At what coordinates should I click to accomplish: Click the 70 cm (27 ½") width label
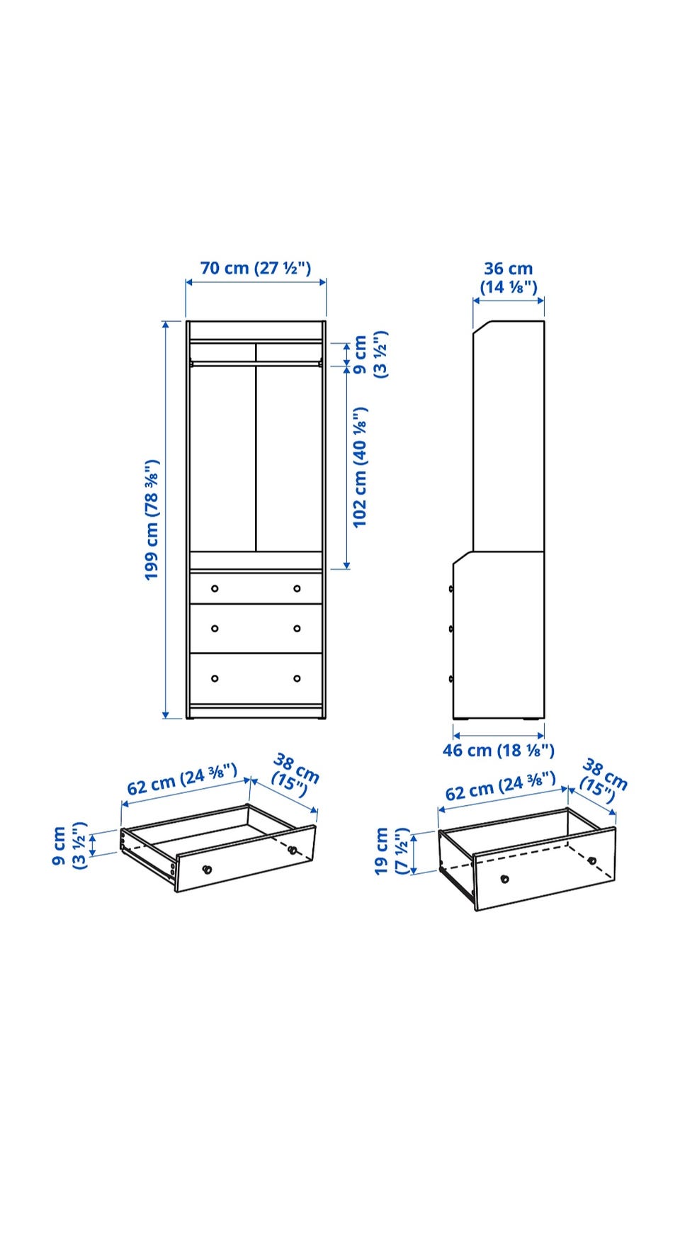click(256, 268)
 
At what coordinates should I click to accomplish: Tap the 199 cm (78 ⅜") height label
click(152, 520)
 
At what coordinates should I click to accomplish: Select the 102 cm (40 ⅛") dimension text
click(361, 467)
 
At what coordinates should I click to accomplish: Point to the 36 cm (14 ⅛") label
click(509, 278)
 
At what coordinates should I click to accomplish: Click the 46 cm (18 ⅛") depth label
click(499, 750)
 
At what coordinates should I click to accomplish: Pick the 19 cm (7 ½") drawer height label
click(392, 851)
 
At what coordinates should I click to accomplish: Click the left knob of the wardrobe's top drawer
click(215, 588)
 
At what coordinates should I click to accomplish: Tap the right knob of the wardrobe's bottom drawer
click(297, 678)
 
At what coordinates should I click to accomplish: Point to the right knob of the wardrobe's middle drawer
click(297, 628)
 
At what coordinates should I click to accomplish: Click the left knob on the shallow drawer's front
click(207, 869)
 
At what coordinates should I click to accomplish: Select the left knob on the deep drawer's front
click(504, 879)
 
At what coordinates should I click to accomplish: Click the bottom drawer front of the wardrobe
click(256, 678)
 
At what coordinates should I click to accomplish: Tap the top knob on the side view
click(451, 588)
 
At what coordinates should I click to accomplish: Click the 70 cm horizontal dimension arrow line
click(256, 282)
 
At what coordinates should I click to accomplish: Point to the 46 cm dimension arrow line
click(499, 736)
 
